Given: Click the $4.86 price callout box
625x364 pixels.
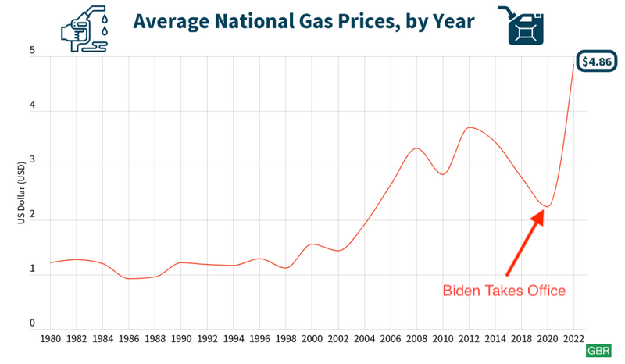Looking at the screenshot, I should (596, 62).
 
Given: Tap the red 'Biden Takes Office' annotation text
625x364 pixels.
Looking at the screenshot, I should (504, 291).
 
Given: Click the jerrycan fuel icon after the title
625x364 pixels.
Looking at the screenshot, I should (523, 23).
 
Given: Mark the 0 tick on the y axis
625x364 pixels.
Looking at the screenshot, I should (32, 323).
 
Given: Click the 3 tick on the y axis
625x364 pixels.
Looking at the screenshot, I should (32, 166).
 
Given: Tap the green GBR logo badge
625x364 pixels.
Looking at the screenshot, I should (599, 351).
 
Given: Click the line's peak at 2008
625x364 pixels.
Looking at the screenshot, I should (417, 148).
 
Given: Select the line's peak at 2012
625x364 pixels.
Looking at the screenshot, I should (469, 127).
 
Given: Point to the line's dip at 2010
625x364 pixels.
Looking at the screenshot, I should (443, 174).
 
